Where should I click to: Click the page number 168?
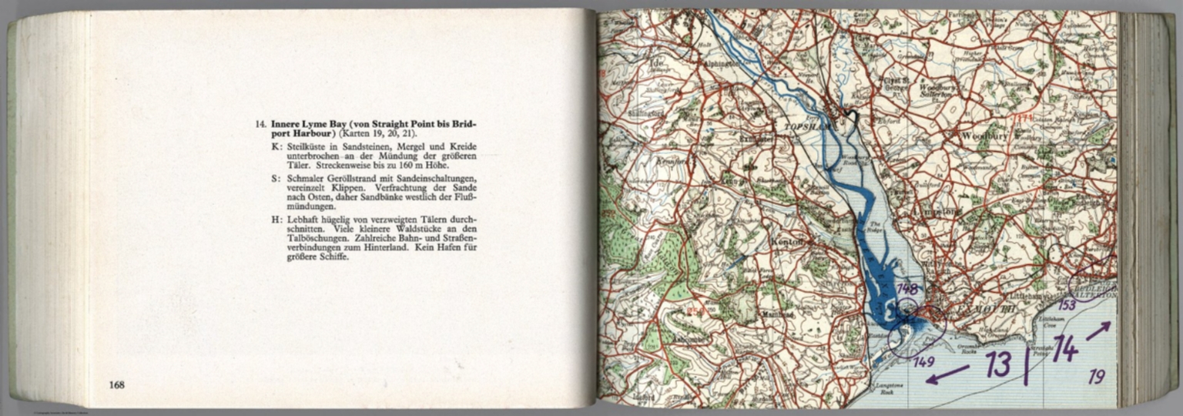(117, 385)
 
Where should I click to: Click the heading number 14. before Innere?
(261, 123)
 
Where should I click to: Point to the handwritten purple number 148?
(907, 290)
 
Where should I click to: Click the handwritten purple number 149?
(923, 361)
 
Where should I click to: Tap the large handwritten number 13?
(998, 363)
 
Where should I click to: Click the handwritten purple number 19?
(1097, 377)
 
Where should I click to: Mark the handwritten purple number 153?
(1067, 305)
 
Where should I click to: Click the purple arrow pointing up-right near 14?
(1098, 330)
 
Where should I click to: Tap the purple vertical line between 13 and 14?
(1026, 364)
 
